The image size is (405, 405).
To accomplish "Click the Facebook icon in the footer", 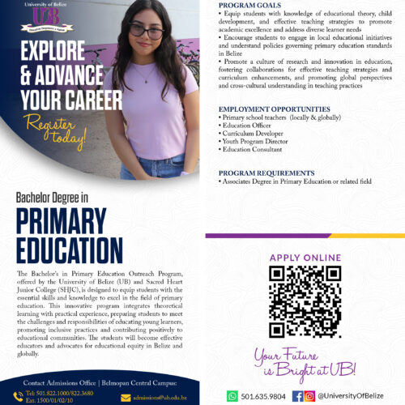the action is (297, 396).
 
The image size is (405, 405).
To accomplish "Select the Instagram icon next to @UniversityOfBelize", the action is (309, 396).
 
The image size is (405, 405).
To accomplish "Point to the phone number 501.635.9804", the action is (262, 396).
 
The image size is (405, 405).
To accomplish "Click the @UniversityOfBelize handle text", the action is (352, 396).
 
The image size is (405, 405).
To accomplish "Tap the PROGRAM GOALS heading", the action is (250, 5).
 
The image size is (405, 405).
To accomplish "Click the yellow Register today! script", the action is (54, 130).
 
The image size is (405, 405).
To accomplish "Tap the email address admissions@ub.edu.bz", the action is (165, 397).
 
